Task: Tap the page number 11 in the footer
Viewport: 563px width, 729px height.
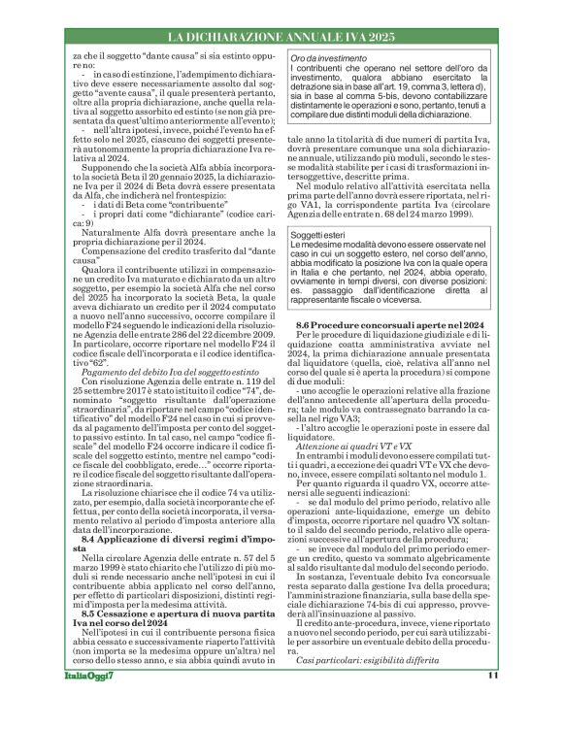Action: coord(493,704)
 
